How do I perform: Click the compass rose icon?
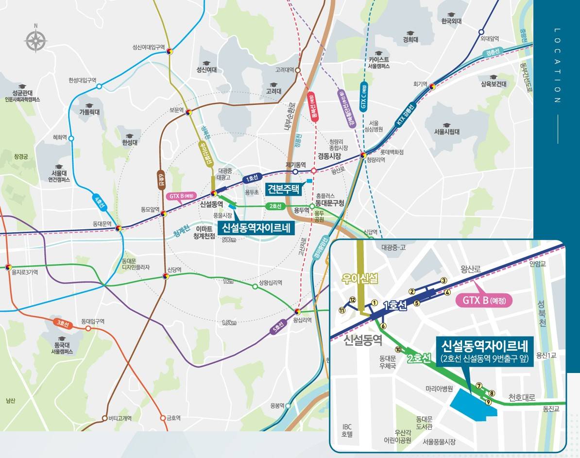click(35, 40)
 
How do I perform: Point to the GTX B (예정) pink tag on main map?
click(182, 196)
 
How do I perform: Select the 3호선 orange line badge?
click(62, 322)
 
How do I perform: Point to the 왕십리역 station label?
click(303, 320)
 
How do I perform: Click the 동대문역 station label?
click(102, 224)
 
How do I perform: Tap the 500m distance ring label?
click(228, 240)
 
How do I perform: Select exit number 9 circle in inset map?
click(489, 402)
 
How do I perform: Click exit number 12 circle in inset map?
click(353, 300)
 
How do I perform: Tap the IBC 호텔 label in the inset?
click(347, 430)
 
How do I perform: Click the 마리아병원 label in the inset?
click(439, 389)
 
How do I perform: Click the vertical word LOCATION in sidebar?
click(557, 66)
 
